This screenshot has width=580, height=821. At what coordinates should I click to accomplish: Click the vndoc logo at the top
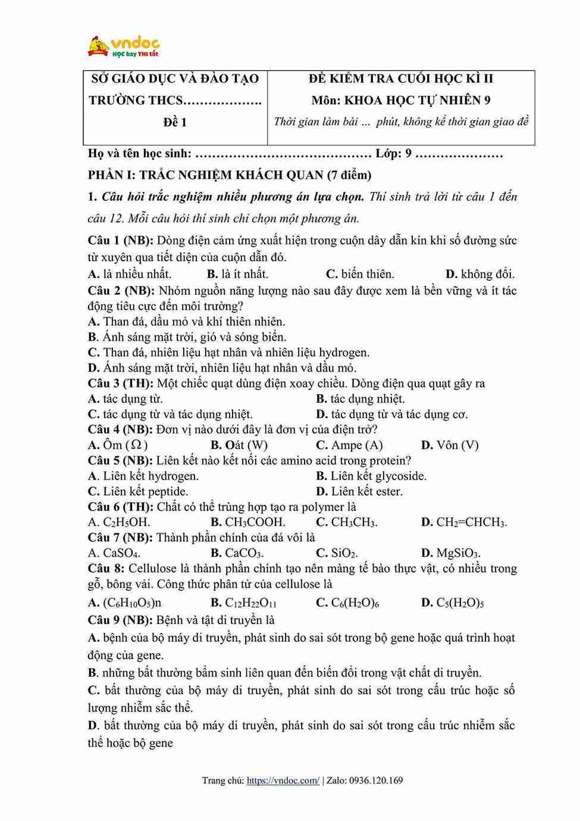point(124,46)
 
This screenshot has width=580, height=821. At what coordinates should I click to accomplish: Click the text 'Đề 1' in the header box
point(175,122)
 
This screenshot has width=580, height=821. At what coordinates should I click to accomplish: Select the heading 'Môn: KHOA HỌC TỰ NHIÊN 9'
point(400,100)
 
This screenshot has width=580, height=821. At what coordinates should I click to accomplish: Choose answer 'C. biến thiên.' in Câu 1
point(360,274)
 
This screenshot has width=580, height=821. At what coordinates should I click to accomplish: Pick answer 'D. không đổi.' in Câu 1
point(480,274)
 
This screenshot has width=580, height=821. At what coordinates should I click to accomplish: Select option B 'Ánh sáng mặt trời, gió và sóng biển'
point(187,337)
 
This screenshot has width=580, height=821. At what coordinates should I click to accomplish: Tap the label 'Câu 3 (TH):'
point(120,383)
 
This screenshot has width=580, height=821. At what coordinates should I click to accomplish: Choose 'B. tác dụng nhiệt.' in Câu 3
point(360,399)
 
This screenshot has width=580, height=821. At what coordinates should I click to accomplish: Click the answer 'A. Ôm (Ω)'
point(118,445)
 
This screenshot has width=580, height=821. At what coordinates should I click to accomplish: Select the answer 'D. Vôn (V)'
point(450,445)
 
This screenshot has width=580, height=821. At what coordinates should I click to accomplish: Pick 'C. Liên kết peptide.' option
point(138,491)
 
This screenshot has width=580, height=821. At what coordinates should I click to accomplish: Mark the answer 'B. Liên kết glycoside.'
point(371,476)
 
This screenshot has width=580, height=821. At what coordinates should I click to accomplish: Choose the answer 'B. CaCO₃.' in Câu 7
point(237,553)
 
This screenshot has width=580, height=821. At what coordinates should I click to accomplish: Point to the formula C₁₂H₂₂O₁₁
point(250,602)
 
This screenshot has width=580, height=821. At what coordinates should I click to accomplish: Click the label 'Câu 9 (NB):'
point(120,620)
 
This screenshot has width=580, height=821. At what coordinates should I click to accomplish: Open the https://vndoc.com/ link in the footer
point(283,781)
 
